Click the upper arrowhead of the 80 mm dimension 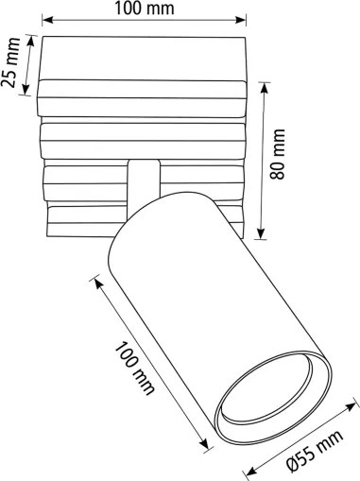(267, 83)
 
